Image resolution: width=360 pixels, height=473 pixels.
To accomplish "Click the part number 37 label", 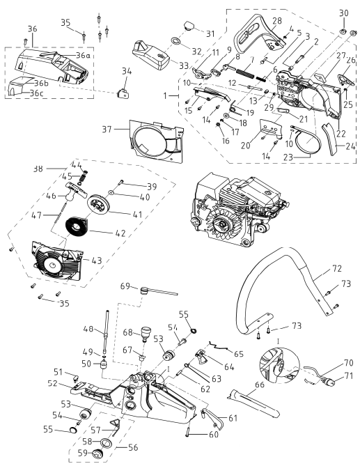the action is [107, 130].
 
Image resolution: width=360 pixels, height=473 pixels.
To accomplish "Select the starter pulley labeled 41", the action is [99, 204].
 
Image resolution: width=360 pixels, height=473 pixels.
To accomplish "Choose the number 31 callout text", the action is [210, 33].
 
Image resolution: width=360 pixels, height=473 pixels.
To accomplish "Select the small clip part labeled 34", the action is [123, 93].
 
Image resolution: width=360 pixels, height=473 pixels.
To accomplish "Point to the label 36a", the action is [84, 56].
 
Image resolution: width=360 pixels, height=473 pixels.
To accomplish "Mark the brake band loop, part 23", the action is [304, 140].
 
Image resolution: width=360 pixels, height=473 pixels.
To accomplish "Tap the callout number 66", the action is [260, 385].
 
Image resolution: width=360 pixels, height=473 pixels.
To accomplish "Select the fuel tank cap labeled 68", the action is [145, 332].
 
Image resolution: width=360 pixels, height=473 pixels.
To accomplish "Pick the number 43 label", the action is [97, 261].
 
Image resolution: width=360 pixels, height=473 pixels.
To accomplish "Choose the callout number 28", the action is [276, 21].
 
